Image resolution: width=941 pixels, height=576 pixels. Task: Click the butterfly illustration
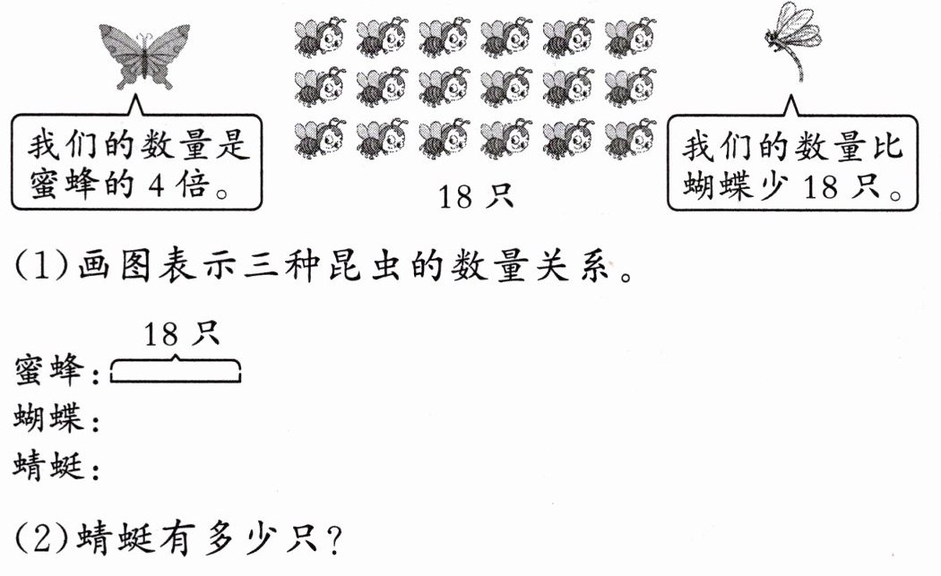tap(144, 56)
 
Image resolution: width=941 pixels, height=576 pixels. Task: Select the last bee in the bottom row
tap(630, 139)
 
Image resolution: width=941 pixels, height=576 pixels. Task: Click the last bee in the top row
tap(630, 38)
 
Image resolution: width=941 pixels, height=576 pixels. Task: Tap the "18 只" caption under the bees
tap(476, 196)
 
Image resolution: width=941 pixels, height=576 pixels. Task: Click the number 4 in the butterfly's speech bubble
tap(156, 185)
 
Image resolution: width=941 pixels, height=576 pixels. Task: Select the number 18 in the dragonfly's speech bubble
tap(820, 186)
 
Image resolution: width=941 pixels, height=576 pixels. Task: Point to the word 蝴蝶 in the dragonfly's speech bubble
tap(718, 185)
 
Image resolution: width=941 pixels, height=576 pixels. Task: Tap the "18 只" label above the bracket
tap(181, 333)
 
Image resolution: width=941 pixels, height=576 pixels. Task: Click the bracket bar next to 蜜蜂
tap(176, 370)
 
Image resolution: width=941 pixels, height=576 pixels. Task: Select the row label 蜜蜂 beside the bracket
tap(49, 369)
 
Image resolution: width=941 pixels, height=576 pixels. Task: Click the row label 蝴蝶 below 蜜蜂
tap(49, 417)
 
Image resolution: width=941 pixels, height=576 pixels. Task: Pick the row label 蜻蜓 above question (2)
tap(49, 466)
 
